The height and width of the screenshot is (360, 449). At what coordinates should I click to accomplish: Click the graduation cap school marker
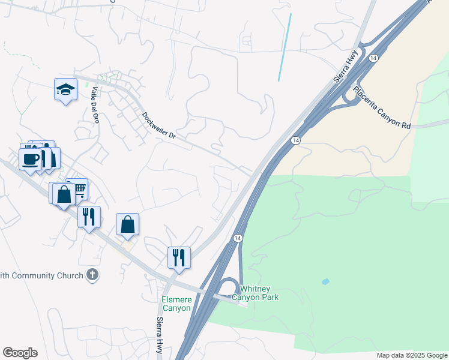point(65,90)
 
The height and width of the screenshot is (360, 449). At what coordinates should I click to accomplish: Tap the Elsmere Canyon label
point(176,304)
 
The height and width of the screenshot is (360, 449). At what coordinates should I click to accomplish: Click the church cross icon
point(92,275)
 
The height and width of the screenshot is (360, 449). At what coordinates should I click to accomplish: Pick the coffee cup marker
point(30,159)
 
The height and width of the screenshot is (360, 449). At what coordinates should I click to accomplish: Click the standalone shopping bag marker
point(128,224)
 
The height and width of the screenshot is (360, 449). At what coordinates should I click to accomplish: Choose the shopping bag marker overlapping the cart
point(63,194)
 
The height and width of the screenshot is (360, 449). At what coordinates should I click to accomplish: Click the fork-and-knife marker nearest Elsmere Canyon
point(179,257)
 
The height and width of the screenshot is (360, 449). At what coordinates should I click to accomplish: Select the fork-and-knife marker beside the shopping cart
point(89,217)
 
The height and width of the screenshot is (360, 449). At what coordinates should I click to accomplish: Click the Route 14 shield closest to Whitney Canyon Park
point(238,238)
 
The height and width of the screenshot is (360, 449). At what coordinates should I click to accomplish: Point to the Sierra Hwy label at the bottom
point(160,337)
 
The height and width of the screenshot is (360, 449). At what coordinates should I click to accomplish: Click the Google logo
point(20,353)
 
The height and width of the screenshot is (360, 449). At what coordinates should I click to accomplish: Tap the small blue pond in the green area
point(325,281)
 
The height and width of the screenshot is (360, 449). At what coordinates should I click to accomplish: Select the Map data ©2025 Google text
point(411,355)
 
